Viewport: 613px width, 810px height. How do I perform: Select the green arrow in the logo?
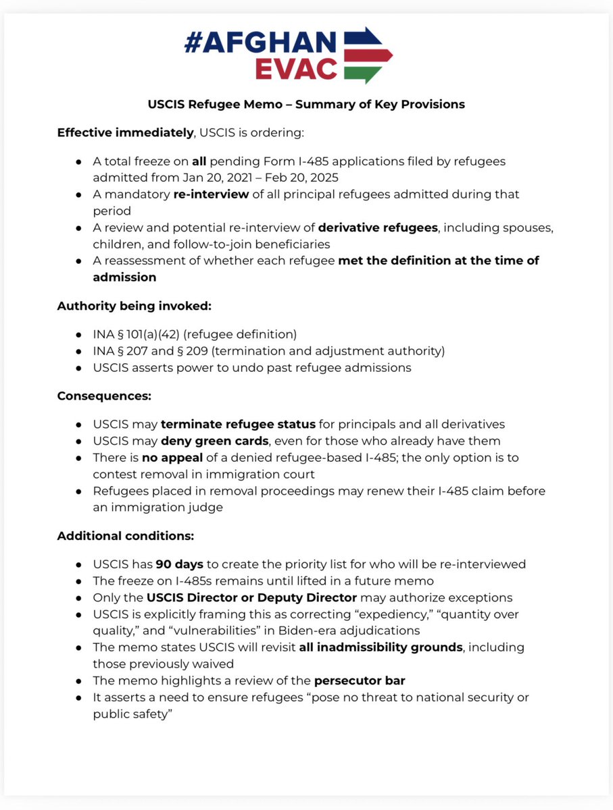(369, 72)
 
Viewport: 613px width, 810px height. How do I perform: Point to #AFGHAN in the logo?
(260, 43)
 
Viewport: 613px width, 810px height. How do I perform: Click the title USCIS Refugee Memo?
(306, 105)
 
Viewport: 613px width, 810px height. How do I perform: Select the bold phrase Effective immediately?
(125, 133)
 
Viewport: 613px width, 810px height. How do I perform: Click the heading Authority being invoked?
(134, 306)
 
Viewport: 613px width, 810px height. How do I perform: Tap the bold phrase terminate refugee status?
(238, 425)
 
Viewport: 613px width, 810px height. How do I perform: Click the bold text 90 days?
(178, 564)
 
